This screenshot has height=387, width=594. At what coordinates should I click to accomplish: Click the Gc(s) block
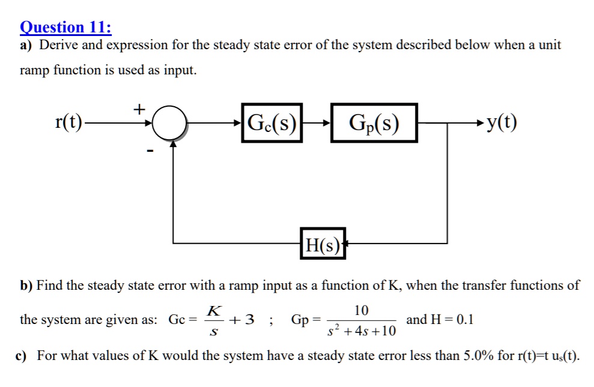pyautogui.click(x=272, y=124)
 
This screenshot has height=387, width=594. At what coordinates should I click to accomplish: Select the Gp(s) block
pyautogui.click(x=373, y=124)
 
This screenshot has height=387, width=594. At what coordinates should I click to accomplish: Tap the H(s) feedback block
pyautogui.click(x=323, y=244)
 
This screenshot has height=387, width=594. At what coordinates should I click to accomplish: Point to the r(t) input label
pyautogui.click(x=68, y=124)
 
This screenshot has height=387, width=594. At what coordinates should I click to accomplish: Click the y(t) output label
pyautogui.click(x=502, y=124)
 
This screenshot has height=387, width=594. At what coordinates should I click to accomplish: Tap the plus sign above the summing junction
pyautogui.click(x=139, y=109)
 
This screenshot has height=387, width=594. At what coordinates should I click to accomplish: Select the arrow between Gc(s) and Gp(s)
pyautogui.click(x=317, y=124)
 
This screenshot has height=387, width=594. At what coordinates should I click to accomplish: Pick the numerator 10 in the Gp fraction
pyautogui.click(x=362, y=310)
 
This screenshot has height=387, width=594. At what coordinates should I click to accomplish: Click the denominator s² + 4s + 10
pyautogui.click(x=362, y=331)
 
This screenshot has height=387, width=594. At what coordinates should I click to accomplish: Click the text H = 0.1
pyautogui.click(x=440, y=319)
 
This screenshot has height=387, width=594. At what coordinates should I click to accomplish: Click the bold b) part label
pyautogui.click(x=26, y=286)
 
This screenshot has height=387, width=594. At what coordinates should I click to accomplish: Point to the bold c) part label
pyautogui.click(x=22, y=356)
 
